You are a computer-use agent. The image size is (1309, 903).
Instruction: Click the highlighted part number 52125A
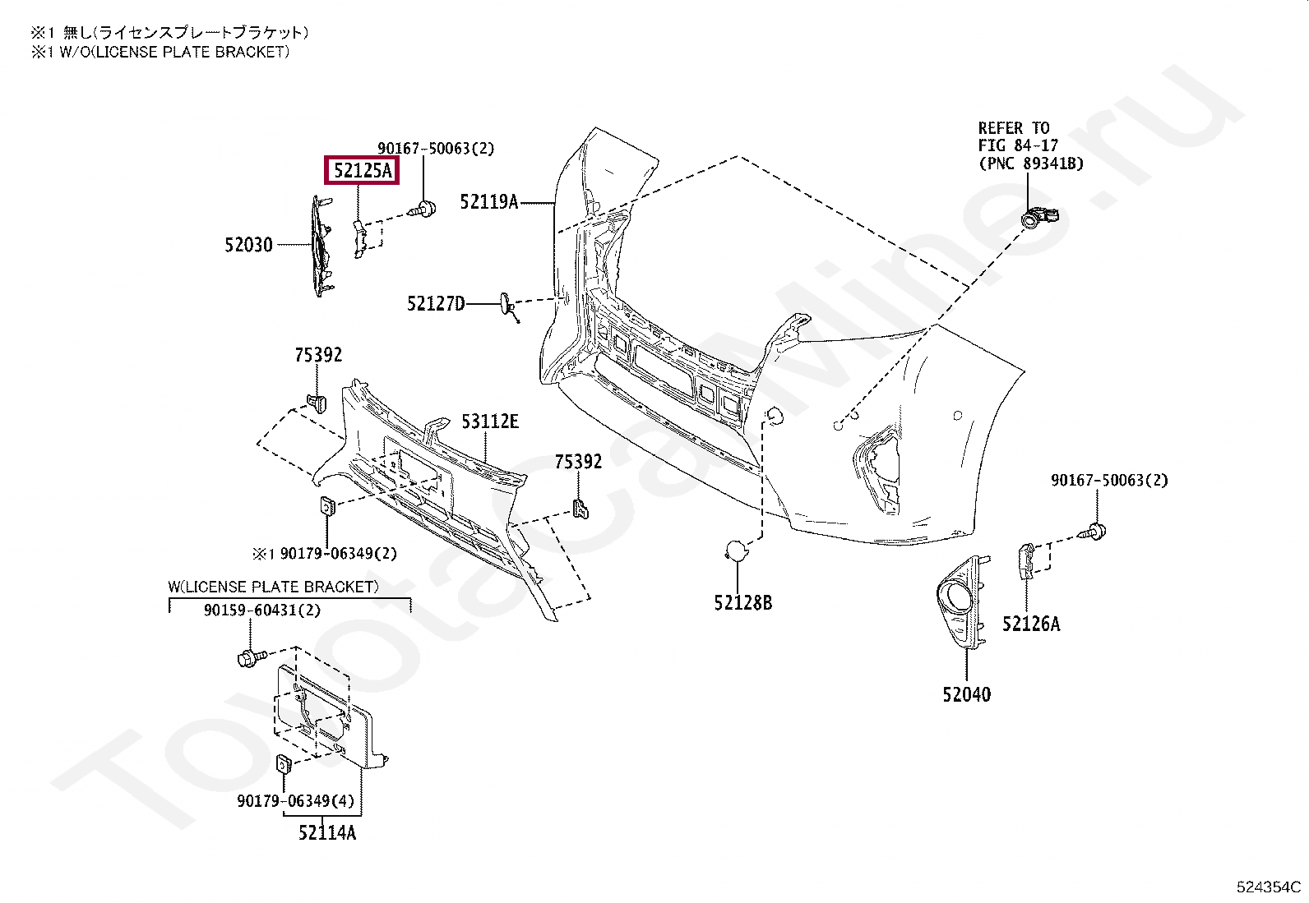tap(363, 171)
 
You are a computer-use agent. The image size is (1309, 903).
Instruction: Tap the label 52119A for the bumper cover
tap(489, 202)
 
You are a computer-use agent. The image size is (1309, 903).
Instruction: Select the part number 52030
tap(249, 245)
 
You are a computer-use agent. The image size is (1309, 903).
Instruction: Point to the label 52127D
tap(436, 304)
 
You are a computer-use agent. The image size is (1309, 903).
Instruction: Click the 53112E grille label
tap(490, 422)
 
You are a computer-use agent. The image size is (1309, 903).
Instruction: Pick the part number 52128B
tap(743, 603)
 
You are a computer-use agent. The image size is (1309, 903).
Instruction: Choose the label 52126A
tap(1031, 624)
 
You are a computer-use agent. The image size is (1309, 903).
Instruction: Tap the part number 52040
tap(967, 694)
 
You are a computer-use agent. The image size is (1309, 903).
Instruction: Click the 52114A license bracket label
tap(327, 832)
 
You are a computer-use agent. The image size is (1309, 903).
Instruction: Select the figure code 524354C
tap(1268, 887)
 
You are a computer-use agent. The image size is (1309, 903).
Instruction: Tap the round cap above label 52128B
tap(736, 551)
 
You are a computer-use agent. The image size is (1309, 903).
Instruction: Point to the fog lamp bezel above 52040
tap(960, 601)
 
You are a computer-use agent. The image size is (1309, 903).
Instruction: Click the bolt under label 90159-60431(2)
tap(252, 658)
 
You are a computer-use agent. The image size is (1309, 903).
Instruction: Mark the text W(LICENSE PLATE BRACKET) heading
tap(274, 587)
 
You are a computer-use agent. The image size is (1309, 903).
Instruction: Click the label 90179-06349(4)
tap(296, 800)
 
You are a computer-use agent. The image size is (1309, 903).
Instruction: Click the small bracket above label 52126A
tap(1027, 560)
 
